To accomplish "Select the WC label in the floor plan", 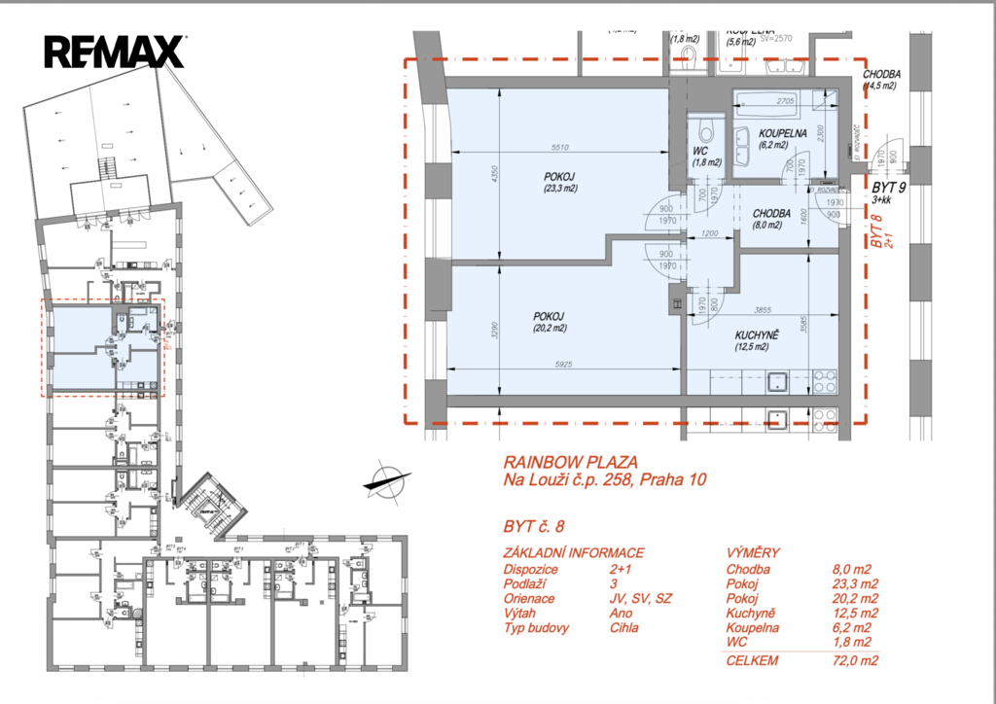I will [x=700, y=152].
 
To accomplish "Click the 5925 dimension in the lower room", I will [x=565, y=365].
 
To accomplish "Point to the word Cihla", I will [x=624, y=628].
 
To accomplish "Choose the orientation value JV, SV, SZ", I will [x=640, y=599].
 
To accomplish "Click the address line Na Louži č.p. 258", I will [x=597, y=479].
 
